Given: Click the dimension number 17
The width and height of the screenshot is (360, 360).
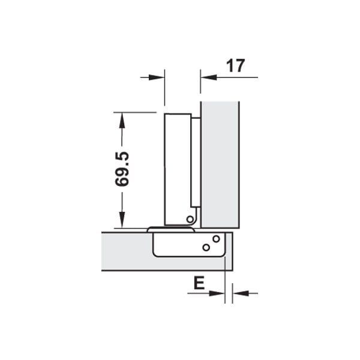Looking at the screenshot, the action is pyautogui.click(x=236, y=66).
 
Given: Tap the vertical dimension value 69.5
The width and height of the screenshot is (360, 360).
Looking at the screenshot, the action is pyautogui.click(x=122, y=169).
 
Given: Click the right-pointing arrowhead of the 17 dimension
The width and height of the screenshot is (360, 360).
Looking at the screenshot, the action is pyautogui.click(x=157, y=77).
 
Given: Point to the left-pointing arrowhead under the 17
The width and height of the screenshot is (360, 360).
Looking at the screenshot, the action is pyautogui.click(x=209, y=77).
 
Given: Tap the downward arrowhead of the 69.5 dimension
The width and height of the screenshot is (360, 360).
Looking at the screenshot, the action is pyautogui.click(x=122, y=220).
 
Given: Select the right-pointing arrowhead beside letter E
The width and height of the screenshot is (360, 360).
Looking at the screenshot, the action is pyautogui.click(x=217, y=293).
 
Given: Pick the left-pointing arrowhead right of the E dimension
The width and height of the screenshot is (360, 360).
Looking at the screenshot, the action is pyautogui.click(x=241, y=293).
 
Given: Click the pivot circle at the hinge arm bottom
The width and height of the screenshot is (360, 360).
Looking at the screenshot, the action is pyautogui.click(x=190, y=219).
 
